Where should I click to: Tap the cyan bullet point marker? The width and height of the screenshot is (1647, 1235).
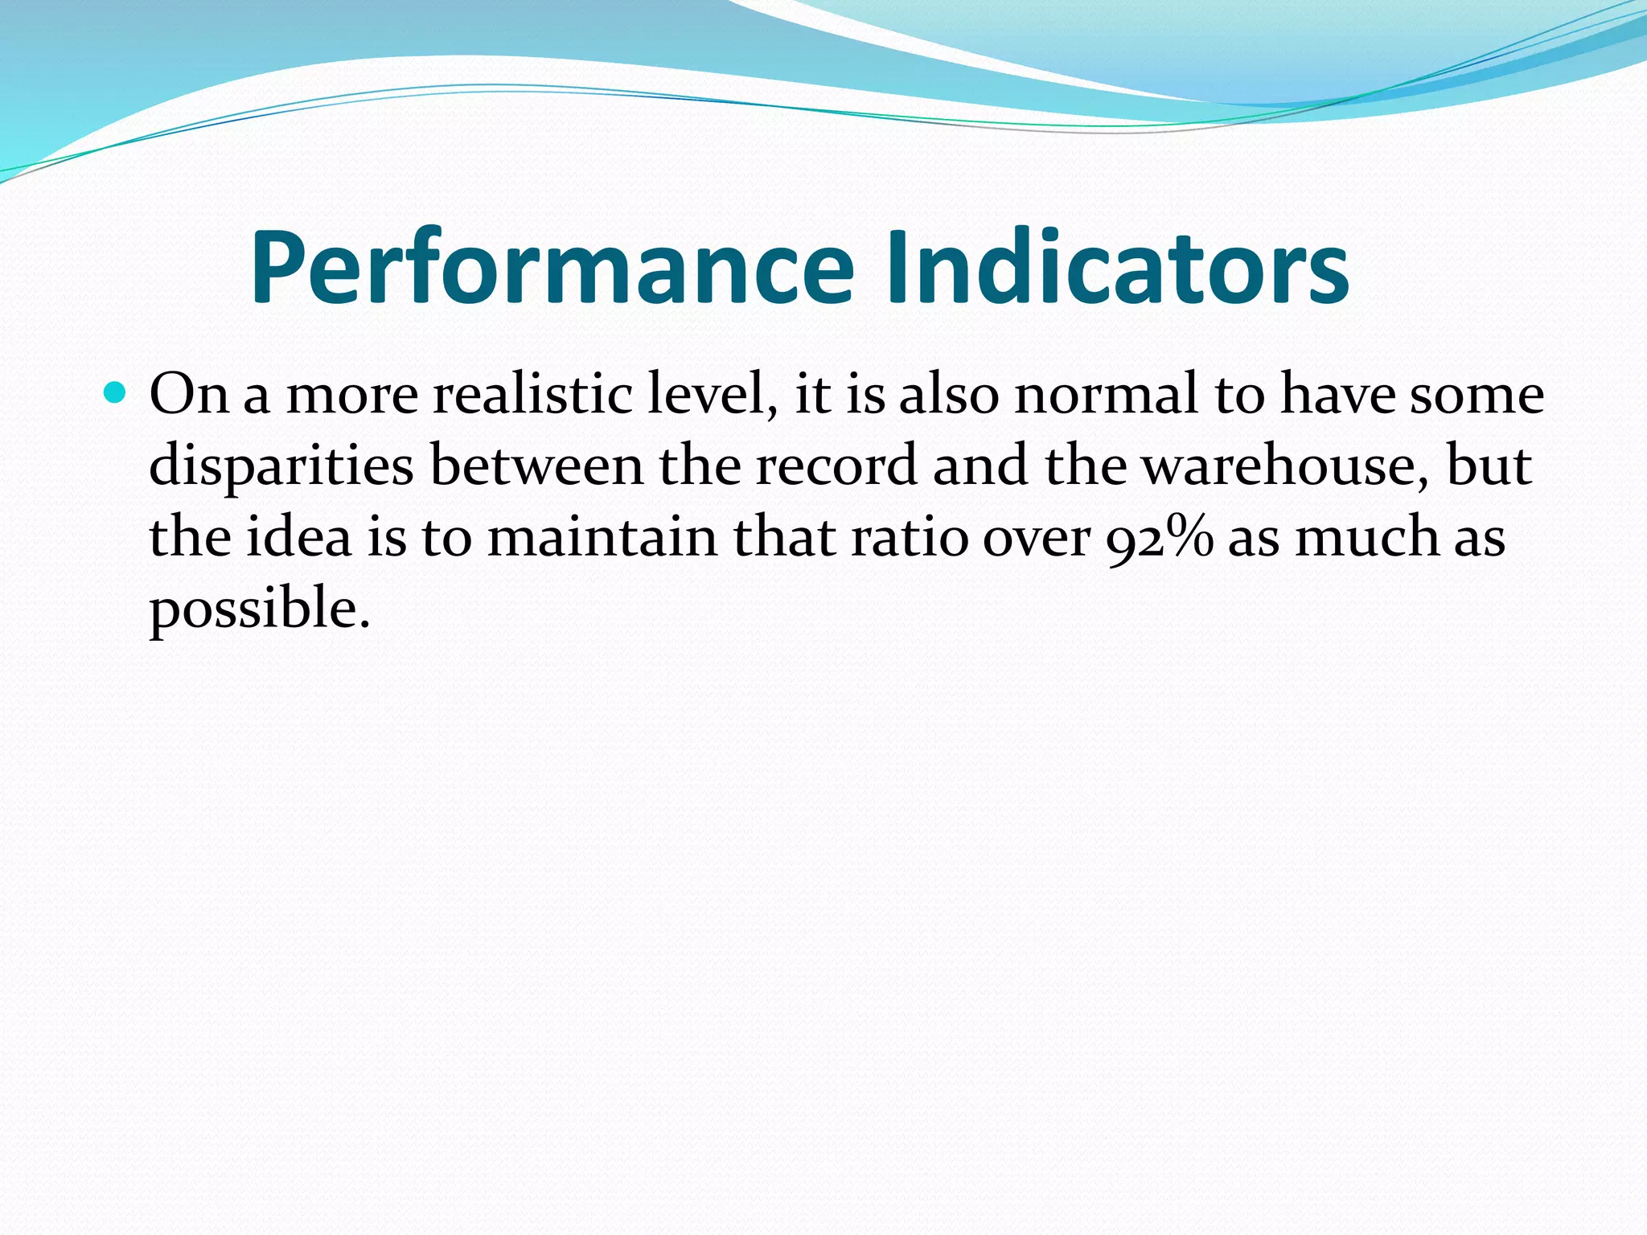pyautogui.click(x=116, y=393)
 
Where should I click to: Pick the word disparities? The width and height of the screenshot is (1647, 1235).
pyautogui.click(x=281, y=467)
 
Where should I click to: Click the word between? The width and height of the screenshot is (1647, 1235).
pyautogui.click(x=536, y=466)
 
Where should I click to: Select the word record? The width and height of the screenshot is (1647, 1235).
pyautogui.click(x=836, y=466)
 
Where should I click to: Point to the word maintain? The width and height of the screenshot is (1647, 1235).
pyautogui.click(x=602, y=536)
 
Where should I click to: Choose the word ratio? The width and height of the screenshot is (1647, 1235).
pyautogui.click(x=910, y=536)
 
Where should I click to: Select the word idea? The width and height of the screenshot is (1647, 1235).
pyautogui.click(x=298, y=536)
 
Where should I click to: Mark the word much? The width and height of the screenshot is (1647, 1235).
pyautogui.click(x=1366, y=536)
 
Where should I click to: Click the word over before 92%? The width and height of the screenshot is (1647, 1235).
pyautogui.click(x=1037, y=538)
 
